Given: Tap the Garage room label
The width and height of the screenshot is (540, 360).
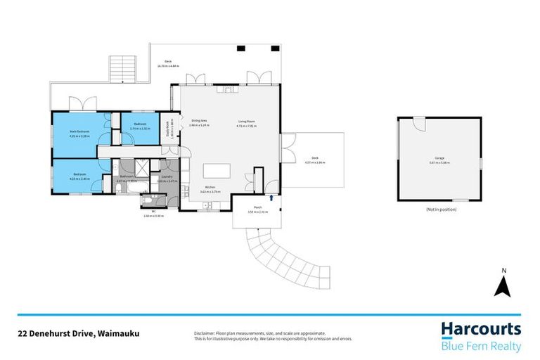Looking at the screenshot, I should click(439, 158).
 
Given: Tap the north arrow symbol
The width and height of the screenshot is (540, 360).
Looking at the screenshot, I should click(503, 287).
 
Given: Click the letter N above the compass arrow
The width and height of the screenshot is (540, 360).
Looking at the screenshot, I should click(503, 270).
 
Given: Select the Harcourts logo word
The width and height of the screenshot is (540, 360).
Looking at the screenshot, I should click(481, 329).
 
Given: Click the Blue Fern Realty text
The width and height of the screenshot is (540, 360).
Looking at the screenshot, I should click(481, 346).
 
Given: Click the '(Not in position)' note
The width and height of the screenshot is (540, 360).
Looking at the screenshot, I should click(440, 210).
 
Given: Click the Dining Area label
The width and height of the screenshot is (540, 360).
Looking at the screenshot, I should click(199, 121).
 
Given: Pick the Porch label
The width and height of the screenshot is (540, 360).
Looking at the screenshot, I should click(257, 208).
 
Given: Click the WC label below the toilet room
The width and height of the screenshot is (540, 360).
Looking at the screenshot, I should click(153, 211).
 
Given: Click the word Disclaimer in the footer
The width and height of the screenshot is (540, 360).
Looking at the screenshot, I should click(205, 333).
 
